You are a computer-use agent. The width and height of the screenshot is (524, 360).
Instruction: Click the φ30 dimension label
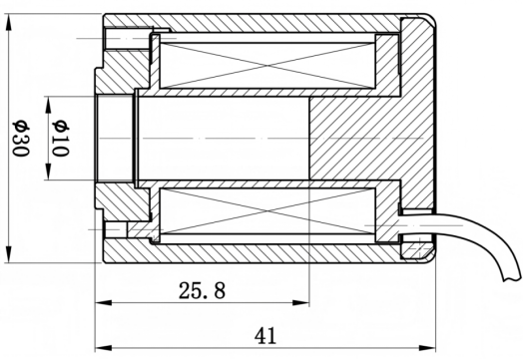click(21, 138)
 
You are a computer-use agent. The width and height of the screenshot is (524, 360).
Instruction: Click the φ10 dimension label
click(61, 138)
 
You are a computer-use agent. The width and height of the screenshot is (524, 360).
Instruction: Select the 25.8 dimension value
click(203, 290)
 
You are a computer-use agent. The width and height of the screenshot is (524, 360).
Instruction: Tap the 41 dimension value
click(265, 336)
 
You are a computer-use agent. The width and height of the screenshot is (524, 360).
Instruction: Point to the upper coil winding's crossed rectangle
click(267, 66)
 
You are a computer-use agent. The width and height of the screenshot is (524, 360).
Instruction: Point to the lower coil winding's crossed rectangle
click(267, 211)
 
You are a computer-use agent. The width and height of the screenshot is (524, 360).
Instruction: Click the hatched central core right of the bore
click(354, 138)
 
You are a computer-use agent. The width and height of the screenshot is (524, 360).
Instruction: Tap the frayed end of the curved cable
click(511, 278)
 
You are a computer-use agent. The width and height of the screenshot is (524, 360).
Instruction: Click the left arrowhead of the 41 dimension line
click(103, 348)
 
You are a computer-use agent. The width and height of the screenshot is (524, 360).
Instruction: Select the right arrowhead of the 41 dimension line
click(427, 348)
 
